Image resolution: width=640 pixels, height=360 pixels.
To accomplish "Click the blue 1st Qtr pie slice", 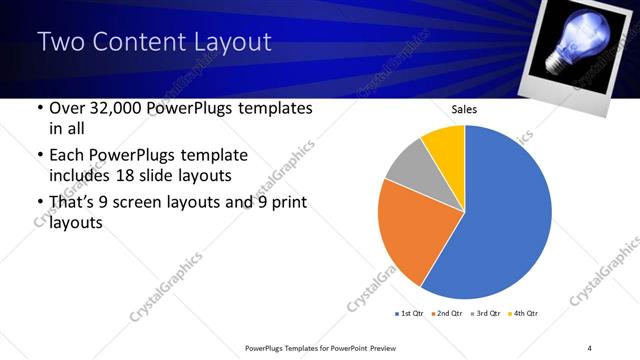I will [x=510, y=215].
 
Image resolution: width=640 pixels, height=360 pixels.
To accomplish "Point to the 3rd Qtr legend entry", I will [x=486, y=314].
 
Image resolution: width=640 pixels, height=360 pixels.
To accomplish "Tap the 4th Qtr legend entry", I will [x=525, y=314].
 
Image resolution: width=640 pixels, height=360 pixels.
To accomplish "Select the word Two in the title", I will [x=62, y=42].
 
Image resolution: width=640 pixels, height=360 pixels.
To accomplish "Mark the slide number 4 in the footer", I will [x=590, y=347].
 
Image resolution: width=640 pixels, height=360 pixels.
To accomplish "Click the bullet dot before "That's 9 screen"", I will [x=38, y=204].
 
